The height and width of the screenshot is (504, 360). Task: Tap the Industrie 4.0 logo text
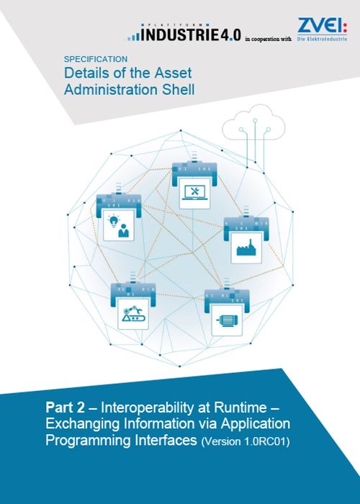184,33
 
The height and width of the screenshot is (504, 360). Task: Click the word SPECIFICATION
96,59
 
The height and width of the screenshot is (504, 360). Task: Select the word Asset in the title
173,73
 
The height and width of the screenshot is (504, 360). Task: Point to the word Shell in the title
178,89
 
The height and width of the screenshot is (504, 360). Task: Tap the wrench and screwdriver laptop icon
194,193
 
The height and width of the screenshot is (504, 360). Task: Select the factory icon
246,248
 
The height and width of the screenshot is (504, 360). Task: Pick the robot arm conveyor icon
133,314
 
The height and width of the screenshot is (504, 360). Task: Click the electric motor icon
227,320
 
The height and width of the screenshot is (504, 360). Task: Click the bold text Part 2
66,408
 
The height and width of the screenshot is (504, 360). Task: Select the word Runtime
240,408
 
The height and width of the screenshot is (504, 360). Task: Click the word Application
255,424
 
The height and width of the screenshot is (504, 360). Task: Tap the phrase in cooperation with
268,39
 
